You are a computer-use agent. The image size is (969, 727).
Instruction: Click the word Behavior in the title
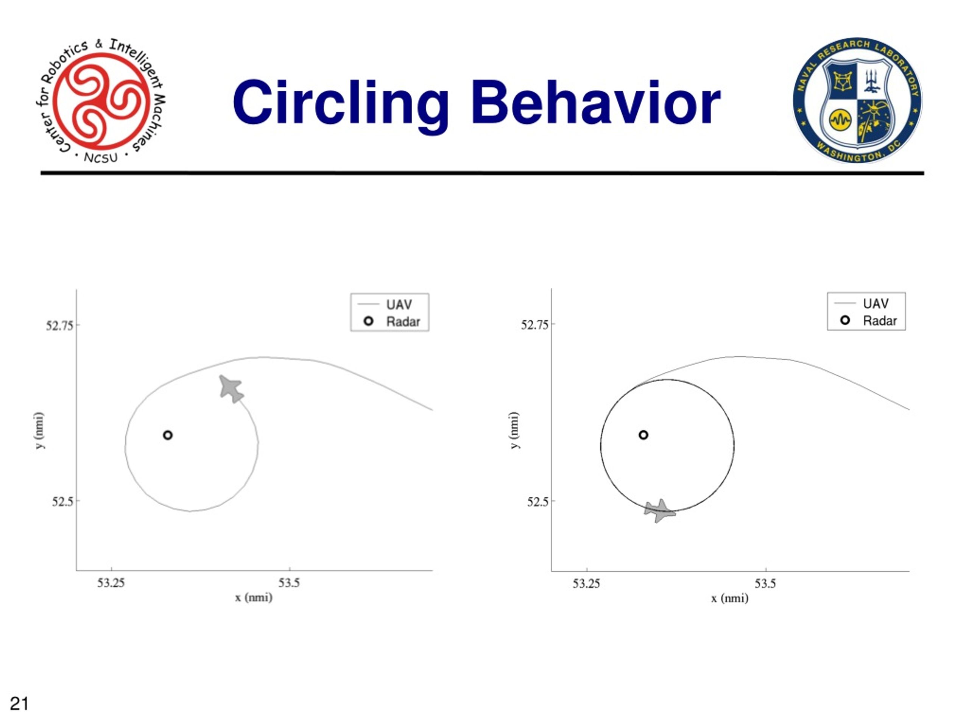[596, 103]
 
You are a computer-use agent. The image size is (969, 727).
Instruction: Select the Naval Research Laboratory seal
[857, 100]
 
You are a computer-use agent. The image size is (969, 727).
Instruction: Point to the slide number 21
[19, 704]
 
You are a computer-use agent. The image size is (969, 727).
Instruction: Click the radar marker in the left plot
[168, 435]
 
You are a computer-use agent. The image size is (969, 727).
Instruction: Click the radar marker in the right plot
[643, 435]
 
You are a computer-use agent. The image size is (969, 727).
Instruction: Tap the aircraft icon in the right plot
[659, 510]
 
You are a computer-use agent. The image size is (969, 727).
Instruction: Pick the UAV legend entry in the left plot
[385, 304]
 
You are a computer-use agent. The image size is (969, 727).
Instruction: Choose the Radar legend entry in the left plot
[392, 321]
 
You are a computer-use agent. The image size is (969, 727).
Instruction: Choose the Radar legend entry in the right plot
[869, 321]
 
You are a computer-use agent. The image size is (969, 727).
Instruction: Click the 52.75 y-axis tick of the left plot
[60, 326]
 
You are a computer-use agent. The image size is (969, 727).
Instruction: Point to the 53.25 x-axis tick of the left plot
[111, 582]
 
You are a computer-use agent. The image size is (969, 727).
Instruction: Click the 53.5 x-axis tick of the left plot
[290, 582]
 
